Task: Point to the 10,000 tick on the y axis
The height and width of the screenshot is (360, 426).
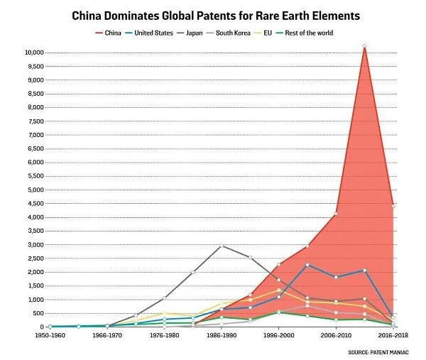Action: click(33, 53)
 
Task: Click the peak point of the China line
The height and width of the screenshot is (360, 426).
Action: click(364, 46)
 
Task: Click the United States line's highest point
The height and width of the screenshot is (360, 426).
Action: click(307, 265)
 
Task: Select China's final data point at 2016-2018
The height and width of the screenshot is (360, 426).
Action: click(393, 206)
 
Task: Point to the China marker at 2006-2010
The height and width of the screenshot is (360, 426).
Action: click(336, 214)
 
